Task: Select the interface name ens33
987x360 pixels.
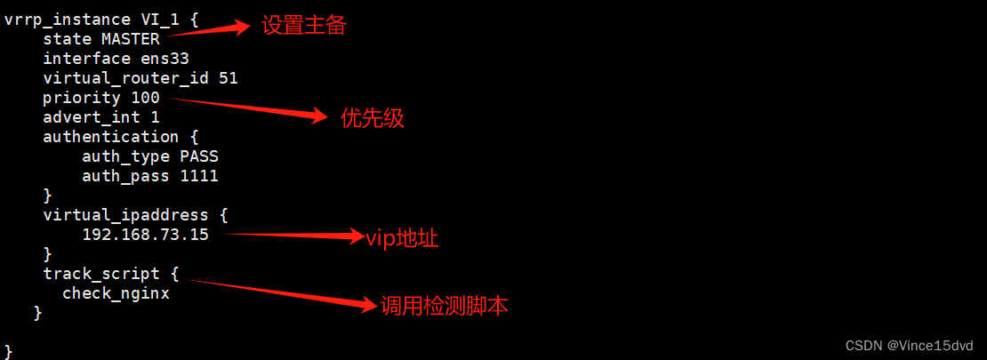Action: pyautogui.click(x=164, y=59)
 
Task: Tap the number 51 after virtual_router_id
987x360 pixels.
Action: pyautogui.click(x=228, y=78)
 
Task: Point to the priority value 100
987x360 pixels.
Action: pyautogui.click(x=145, y=98)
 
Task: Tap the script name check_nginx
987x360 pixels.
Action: pyautogui.click(x=116, y=293)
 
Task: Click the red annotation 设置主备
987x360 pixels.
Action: pyautogui.click(x=302, y=26)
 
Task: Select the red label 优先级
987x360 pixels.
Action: pyautogui.click(x=373, y=118)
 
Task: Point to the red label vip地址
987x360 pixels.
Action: pyautogui.click(x=402, y=238)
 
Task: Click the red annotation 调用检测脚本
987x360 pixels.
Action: pyautogui.click(x=445, y=307)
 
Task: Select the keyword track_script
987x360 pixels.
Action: pyautogui.click(x=101, y=274)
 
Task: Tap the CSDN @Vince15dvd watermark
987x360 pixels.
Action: pyautogui.click(x=911, y=345)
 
